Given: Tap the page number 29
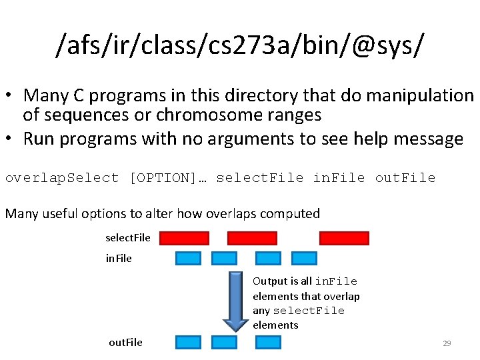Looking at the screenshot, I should click(x=447, y=343).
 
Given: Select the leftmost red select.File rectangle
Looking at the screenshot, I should click(x=184, y=238).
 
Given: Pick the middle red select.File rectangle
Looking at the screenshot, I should click(x=252, y=238).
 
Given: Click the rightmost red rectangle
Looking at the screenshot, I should click(x=344, y=238).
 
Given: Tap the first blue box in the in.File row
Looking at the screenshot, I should click(x=188, y=258).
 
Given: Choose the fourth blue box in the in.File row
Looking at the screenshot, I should click(x=303, y=258).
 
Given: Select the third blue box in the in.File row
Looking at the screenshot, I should click(x=269, y=258).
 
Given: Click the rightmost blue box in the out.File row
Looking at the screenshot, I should click(x=269, y=342).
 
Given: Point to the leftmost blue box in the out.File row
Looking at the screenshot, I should click(x=188, y=342).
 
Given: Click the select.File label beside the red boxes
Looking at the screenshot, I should click(x=128, y=238).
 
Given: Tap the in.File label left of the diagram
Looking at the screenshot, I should click(x=119, y=258).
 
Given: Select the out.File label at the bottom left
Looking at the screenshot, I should click(x=125, y=342).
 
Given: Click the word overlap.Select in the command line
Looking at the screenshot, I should click(x=62, y=178).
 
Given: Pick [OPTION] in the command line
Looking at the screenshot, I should click(x=162, y=178).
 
